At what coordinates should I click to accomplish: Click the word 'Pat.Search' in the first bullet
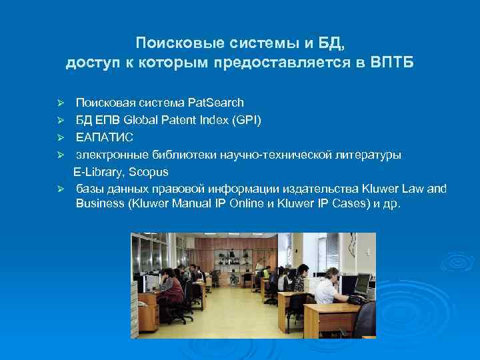pos(216,103)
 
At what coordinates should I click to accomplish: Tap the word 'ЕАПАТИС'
pos(105,137)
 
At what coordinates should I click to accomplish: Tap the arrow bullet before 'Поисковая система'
pos(59,103)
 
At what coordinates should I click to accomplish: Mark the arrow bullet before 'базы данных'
pos(59,189)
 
